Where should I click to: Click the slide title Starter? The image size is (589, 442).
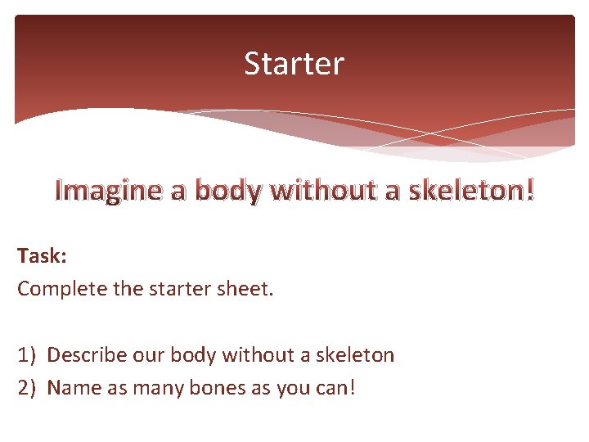294,64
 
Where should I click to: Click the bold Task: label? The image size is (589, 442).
42,256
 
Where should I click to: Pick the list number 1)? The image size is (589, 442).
27,355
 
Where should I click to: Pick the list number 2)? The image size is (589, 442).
27,387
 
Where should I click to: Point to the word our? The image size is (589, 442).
140,355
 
